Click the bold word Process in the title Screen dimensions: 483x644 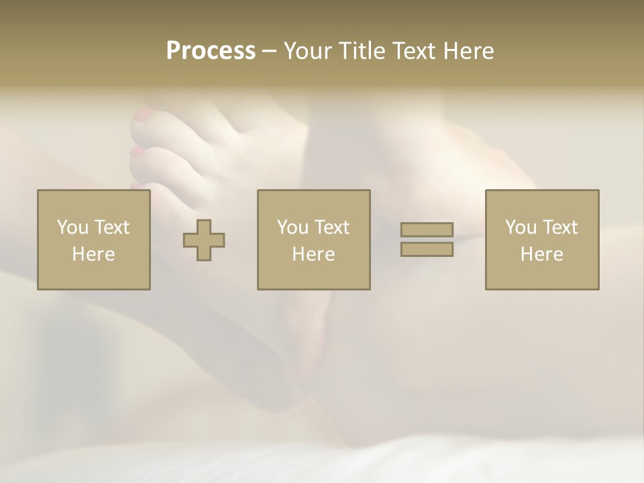click(211, 51)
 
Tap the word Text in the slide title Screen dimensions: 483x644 click(415, 51)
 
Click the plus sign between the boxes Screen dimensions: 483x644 click(204, 240)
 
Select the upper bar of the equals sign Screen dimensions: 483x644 click(427, 229)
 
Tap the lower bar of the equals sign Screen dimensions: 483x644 click(427, 250)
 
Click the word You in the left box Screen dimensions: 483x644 click(72, 227)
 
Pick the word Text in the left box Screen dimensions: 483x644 click(111, 227)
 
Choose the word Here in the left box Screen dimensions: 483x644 click(93, 254)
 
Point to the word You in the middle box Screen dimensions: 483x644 click(292, 227)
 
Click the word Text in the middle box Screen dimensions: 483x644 click(331, 227)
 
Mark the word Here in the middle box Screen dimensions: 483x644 click(313, 254)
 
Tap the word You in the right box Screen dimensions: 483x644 click(521, 227)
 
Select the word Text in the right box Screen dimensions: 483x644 click(559, 227)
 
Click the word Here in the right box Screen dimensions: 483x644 click(541, 254)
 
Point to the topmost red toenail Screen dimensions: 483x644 click(143, 117)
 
